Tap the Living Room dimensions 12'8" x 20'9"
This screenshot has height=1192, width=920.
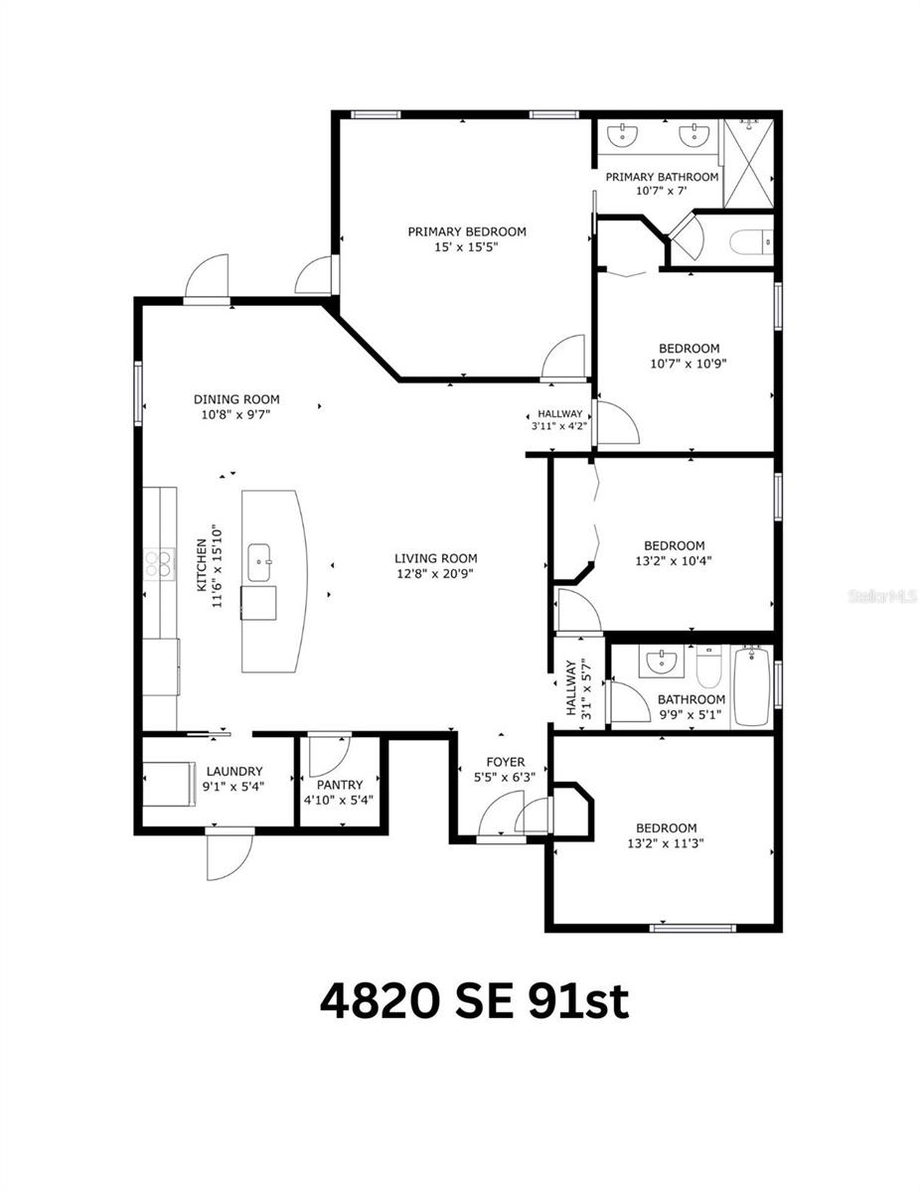[435, 574]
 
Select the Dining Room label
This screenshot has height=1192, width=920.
[236, 399]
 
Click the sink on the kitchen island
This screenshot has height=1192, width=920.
[263, 562]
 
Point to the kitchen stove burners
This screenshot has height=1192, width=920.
[158, 564]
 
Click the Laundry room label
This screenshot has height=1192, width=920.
[234, 771]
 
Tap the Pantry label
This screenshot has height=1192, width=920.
[340, 785]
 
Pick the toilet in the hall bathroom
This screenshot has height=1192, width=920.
[707, 668]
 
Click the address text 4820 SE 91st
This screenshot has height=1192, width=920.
[474, 1001]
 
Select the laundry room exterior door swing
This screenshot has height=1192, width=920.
[229, 856]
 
